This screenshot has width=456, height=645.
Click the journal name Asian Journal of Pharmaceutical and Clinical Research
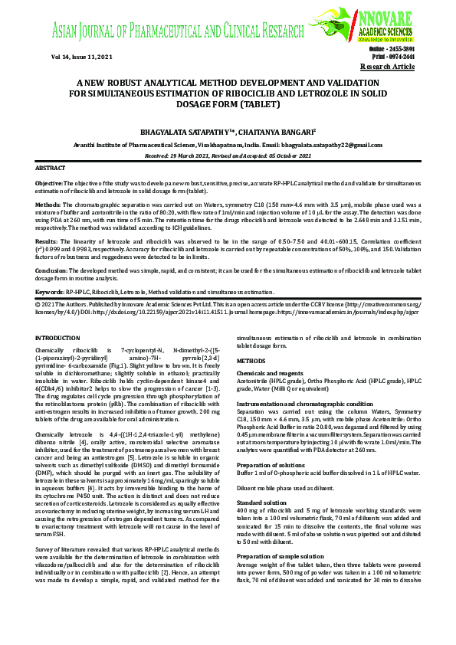(x=178, y=31)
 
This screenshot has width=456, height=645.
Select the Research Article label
(x=387, y=67)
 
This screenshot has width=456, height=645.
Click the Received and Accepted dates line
(x=228, y=155)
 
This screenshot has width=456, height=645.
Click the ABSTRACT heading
(x=51, y=167)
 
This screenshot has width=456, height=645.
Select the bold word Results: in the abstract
(x=48, y=240)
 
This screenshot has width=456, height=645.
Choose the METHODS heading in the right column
(x=251, y=359)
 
